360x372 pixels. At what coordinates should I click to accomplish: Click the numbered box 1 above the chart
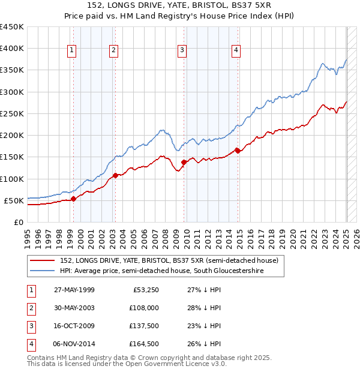point(72,51)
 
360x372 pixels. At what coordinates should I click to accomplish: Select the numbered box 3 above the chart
point(181,51)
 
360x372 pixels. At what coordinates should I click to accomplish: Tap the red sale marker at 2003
point(115,176)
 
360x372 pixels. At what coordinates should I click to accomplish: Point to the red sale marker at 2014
point(237,151)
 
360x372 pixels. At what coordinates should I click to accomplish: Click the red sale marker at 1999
point(73,199)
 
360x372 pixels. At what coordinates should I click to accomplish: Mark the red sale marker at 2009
point(184,163)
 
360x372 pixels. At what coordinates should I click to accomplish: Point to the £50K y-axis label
point(14,200)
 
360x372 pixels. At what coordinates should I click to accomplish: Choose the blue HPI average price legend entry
point(161,271)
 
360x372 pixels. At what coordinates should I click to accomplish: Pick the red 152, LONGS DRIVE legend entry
point(169,261)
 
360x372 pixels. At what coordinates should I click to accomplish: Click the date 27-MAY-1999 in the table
point(74,290)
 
